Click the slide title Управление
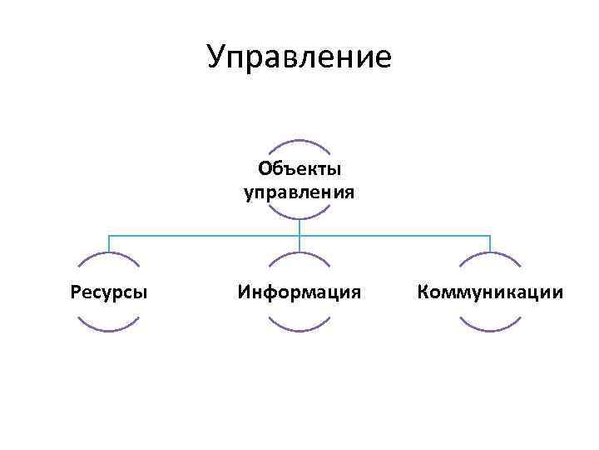click(299, 57)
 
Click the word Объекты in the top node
click(299, 169)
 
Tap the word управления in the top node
click(299, 193)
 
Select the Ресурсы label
click(109, 292)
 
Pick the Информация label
click(299, 292)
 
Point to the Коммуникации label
click(491, 292)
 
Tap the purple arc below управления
click(299, 218)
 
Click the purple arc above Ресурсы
click(109, 254)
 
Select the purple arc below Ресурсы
click(109, 331)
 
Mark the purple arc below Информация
click(299, 331)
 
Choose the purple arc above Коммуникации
click(491, 254)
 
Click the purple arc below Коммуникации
click(491, 331)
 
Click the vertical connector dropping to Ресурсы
click(109, 243)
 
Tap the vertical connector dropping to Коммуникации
click(491, 243)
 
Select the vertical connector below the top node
click(299, 227)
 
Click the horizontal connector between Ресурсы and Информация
click(204, 236)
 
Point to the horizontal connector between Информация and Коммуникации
click(395, 236)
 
